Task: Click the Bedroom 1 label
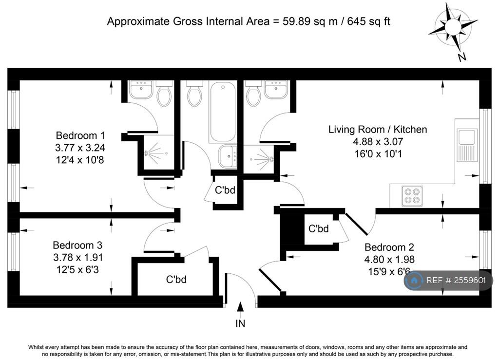(x=80, y=135)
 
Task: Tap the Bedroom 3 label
(x=77, y=245)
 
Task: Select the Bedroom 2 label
(x=389, y=247)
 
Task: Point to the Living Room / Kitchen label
(x=378, y=130)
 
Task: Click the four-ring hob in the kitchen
(x=412, y=196)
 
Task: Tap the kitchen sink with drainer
(x=467, y=145)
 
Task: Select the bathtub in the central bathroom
(x=223, y=112)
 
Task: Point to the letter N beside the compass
(x=462, y=57)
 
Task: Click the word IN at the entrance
(x=240, y=323)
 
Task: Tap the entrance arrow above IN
(x=240, y=306)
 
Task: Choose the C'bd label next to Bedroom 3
(x=176, y=280)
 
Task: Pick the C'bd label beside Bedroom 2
(x=318, y=228)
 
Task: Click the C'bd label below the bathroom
(x=225, y=190)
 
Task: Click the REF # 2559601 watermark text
(x=456, y=280)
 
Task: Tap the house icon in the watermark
(x=414, y=281)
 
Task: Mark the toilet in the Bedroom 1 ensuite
(x=164, y=93)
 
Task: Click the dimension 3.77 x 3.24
(x=80, y=148)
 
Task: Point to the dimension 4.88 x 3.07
(x=378, y=142)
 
